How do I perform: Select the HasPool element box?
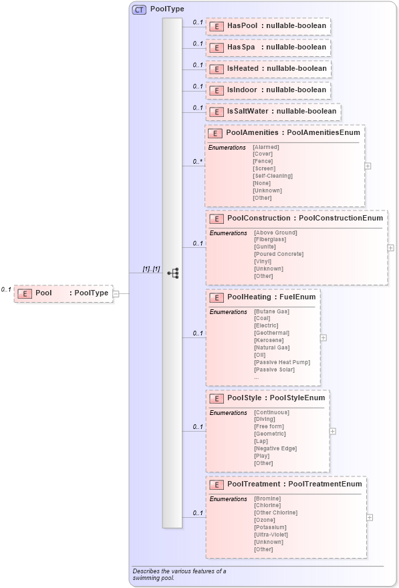click(268, 26)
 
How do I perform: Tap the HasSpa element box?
click(268, 47)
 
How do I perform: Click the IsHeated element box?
click(268, 69)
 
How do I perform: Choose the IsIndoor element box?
click(268, 90)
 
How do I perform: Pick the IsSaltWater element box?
click(273, 112)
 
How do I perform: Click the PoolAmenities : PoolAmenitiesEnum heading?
click(293, 133)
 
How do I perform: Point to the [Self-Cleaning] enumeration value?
click(272, 176)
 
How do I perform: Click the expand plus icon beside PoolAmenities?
click(368, 166)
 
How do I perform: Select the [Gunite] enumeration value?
click(265, 247)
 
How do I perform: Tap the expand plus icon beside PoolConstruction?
click(390, 247)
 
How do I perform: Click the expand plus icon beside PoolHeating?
click(323, 338)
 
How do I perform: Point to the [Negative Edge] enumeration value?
click(275, 448)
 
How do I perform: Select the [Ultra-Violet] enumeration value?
click(271, 535)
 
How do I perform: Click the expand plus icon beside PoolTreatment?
click(370, 517)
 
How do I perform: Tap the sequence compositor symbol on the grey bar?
click(172, 273)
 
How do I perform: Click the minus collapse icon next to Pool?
click(116, 293)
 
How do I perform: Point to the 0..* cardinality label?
click(197, 161)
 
